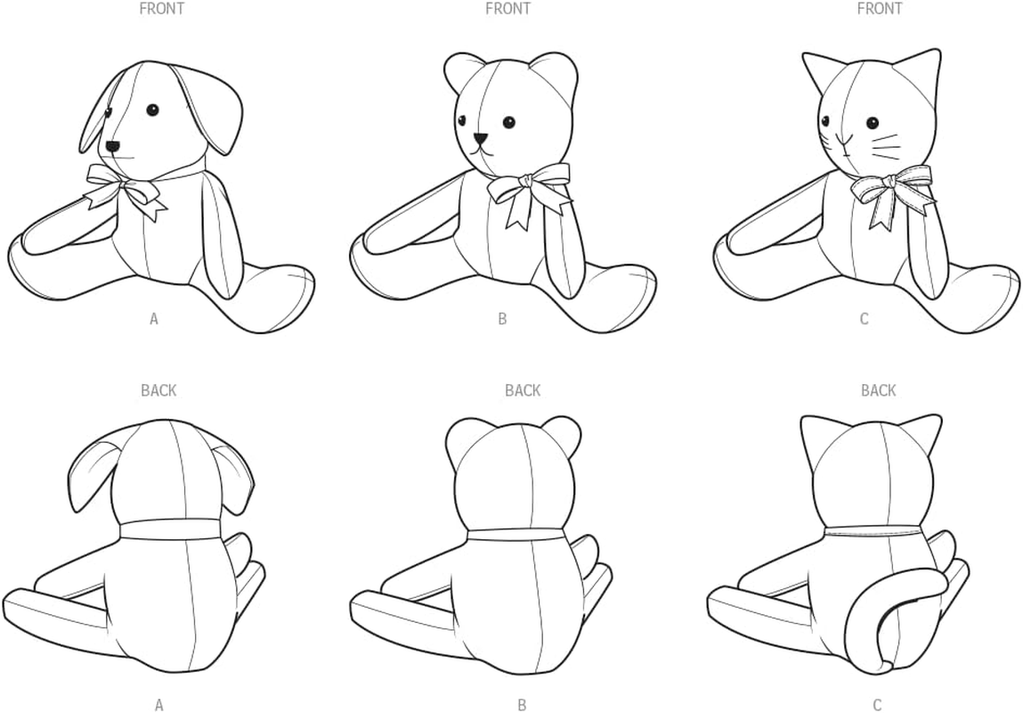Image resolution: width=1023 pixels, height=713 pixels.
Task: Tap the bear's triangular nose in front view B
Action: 481,139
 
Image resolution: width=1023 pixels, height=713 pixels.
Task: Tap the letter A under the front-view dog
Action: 154,318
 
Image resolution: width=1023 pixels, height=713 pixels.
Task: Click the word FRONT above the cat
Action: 879,9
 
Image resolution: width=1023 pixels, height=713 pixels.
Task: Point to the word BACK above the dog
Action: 158,390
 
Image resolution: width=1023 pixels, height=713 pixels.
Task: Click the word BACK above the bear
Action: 523,390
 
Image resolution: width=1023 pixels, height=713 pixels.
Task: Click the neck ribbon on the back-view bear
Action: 515,533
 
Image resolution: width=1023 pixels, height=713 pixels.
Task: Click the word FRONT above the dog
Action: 161,9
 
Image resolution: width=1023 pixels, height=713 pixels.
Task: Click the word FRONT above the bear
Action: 507,9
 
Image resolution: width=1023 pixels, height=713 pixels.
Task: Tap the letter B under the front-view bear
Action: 502,318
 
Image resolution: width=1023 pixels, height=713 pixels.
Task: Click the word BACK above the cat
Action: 878,390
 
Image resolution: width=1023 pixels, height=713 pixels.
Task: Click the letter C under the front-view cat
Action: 864,318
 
